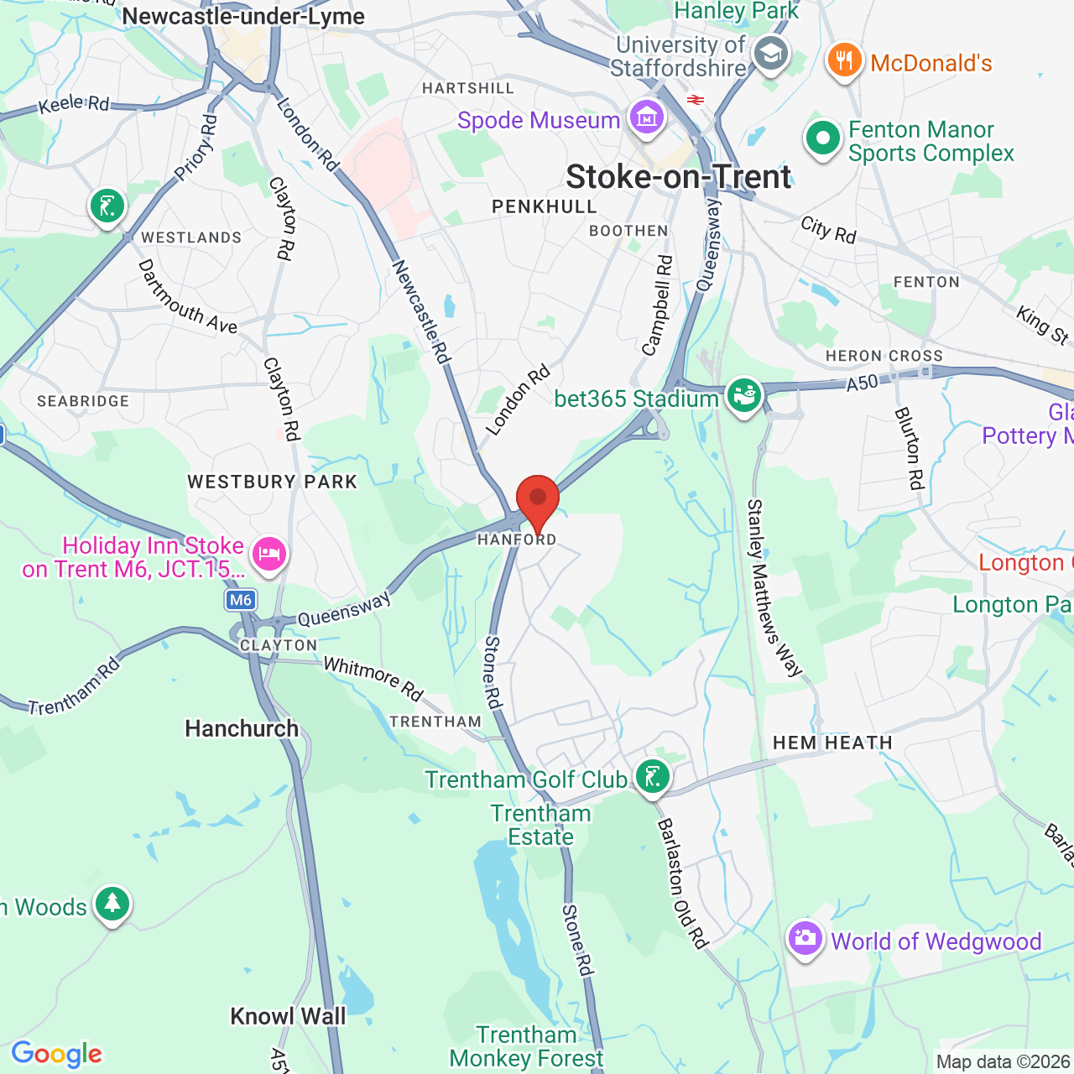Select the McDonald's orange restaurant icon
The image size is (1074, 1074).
[845, 61]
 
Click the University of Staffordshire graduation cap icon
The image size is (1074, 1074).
[770, 55]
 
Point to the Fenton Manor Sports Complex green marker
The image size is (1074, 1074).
[823, 139]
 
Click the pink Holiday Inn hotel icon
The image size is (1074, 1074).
[268, 555]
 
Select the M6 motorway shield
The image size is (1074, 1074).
[241, 600]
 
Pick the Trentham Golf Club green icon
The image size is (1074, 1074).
[653, 777]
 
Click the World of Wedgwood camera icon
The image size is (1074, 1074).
[805, 939]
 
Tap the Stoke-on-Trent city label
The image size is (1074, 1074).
[678, 177]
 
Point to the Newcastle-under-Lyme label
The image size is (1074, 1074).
[243, 16]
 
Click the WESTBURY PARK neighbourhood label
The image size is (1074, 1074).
[273, 482]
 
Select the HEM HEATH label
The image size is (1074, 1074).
[832, 743]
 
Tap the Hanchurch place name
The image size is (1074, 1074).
[242, 728]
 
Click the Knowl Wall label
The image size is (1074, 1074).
[288, 1016]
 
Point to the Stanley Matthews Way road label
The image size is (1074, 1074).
[774, 588]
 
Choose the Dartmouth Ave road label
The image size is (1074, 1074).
[188, 296]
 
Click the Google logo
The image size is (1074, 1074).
[57, 1054]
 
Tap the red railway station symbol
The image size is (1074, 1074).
[695, 100]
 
